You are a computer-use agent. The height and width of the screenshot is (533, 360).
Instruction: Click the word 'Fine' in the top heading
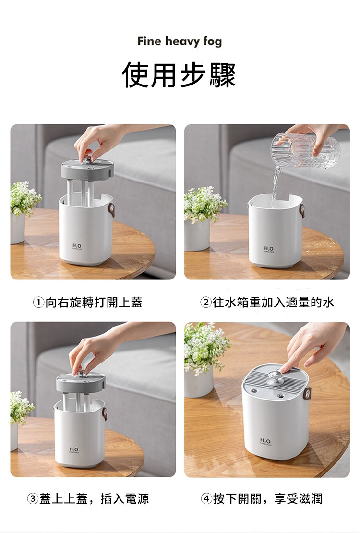(x=149, y=41)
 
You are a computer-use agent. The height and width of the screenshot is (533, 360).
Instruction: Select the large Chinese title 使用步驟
(x=179, y=75)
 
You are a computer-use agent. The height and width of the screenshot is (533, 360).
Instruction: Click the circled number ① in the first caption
(x=38, y=302)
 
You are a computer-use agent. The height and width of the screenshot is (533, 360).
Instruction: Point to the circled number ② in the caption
(x=205, y=302)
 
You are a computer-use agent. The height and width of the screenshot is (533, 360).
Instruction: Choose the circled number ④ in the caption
(x=206, y=499)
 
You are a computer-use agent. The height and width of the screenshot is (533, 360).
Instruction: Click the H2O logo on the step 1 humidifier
(x=77, y=246)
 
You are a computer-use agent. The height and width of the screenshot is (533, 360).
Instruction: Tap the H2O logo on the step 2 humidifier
(x=268, y=249)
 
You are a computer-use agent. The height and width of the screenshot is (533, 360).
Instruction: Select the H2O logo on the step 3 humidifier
(x=74, y=450)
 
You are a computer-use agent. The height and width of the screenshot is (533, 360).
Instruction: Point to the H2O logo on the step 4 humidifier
(x=265, y=441)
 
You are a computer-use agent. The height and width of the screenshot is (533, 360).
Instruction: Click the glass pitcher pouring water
(x=305, y=150)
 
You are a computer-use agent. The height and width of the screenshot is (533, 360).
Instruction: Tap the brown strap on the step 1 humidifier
(x=111, y=210)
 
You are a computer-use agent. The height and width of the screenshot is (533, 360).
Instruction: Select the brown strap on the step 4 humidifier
(x=308, y=393)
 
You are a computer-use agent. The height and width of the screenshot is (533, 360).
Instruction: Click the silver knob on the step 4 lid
(x=275, y=378)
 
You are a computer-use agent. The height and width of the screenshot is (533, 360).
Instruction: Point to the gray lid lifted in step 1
(x=87, y=170)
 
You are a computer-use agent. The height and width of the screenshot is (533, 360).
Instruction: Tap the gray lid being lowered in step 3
(x=81, y=382)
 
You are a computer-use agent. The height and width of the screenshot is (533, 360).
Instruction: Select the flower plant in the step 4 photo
(x=205, y=349)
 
